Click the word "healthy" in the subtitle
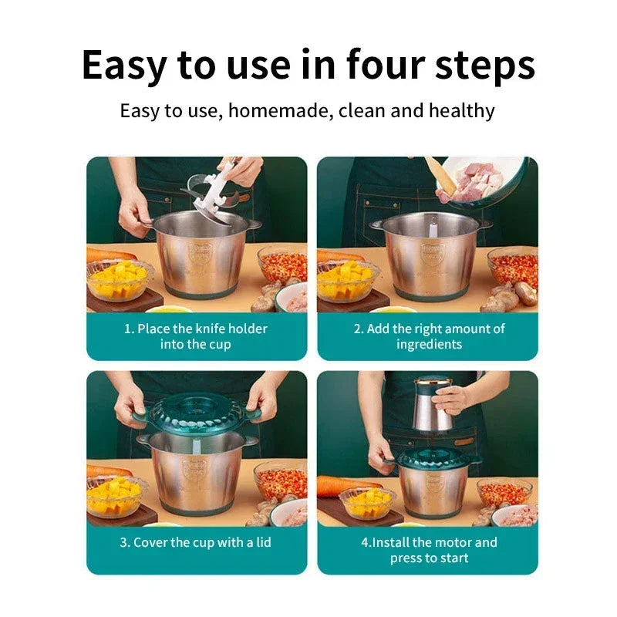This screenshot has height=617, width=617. click(x=461, y=110)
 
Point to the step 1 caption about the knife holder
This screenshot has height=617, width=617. click(x=196, y=336)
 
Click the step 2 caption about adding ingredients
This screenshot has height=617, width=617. click(x=429, y=336)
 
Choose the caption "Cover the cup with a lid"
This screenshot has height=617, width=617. click(x=196, y=542)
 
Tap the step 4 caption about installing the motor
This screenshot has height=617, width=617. click(x=429, y=550)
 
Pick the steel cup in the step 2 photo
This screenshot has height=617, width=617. click(x=430, y=255)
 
